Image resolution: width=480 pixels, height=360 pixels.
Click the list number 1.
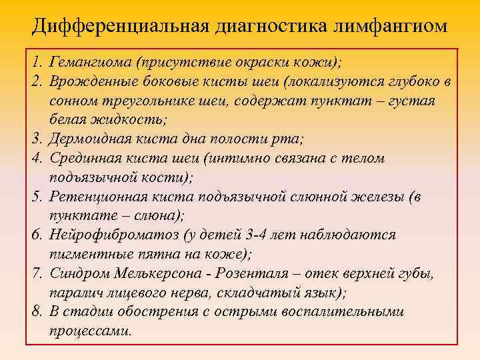pyautogui.click(x=34, y=62)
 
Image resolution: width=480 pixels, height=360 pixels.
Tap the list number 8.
pyautogui.click(x=35, y=312)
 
